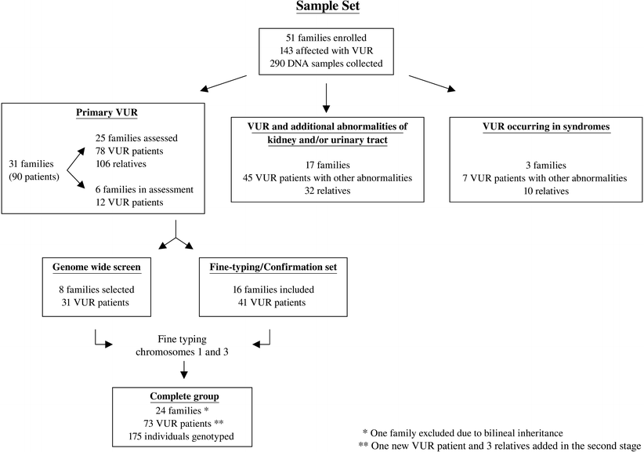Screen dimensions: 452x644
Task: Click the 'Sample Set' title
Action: pyautogui.click(x=324, y=9)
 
